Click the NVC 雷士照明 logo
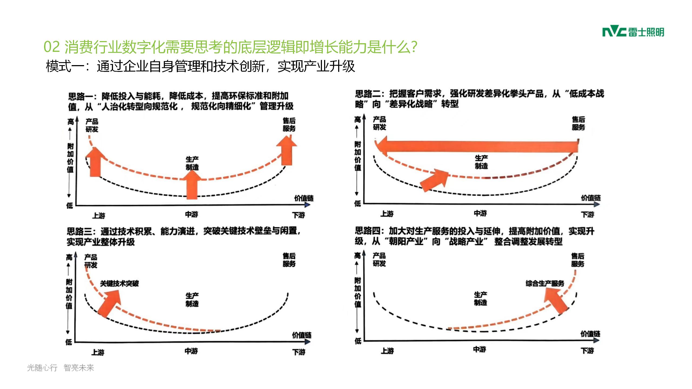pos(633,32)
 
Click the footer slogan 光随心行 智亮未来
pos(60,368)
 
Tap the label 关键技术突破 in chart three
pos(119,283)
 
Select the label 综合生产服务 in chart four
pos(545,283)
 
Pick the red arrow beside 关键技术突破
pos(110,303)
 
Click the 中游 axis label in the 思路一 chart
pos(192,214)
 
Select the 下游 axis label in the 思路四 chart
pos(587,351)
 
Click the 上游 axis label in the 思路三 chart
pos(98,352)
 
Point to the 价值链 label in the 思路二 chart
pos(591,198)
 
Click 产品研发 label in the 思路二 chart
pos(380,123)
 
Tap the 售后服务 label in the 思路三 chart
pos(289,260)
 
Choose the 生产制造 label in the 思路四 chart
pos(481,299)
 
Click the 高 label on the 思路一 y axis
pos(71,122)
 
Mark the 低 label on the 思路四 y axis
pos(358,341)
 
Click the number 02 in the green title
pos(51,47)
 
